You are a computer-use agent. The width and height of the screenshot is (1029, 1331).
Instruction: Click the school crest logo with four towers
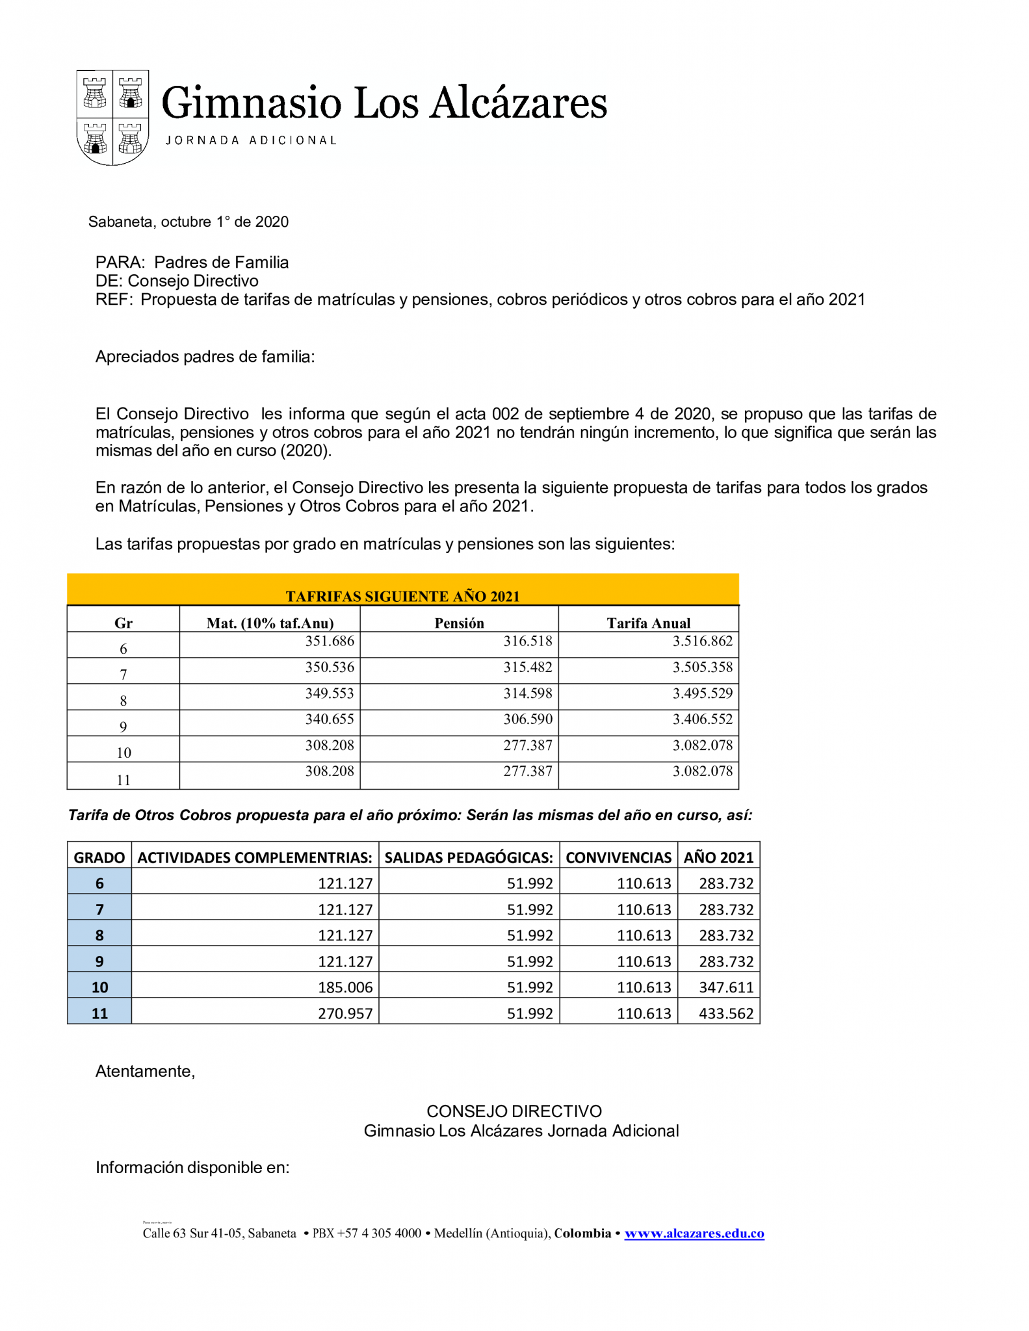pos(112,117)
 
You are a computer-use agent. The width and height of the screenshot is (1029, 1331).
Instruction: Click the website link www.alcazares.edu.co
pos(694,1233)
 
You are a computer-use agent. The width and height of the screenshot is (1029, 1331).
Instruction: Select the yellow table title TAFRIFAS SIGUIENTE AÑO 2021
pos(402,596)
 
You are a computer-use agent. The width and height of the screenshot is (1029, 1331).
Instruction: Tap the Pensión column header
pos(459,623)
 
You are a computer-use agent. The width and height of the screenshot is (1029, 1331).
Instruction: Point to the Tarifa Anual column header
pos(648,623)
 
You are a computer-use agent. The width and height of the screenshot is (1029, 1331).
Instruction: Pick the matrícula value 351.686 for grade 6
pos(330,641)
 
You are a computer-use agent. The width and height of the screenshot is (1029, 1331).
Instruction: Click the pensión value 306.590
pos(527,719)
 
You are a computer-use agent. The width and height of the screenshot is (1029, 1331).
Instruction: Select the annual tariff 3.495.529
pos(702,693)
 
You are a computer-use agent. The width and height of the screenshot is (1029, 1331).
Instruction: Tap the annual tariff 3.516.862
pos(702,641)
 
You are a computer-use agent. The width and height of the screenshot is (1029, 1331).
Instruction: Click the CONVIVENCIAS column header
pos(618,857)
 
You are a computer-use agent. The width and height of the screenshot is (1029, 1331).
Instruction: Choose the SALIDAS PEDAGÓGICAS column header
pos(469,857)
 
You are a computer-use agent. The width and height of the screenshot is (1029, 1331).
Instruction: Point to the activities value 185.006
pos(345,987)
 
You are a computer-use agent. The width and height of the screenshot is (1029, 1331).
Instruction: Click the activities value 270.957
pos(345,1013)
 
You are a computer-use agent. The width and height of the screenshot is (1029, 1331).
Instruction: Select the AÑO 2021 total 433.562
pos(725,1013)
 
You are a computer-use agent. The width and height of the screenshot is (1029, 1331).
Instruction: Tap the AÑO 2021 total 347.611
pos(725,987)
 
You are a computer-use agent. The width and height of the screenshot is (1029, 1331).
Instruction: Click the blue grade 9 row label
pos(99,961)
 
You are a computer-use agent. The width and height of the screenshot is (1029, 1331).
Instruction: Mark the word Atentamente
pos(145,1071)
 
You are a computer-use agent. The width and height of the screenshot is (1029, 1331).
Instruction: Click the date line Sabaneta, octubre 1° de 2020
pos(189,222)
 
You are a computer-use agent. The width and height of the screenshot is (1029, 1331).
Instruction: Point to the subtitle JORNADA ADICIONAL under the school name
pos(251,140)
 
